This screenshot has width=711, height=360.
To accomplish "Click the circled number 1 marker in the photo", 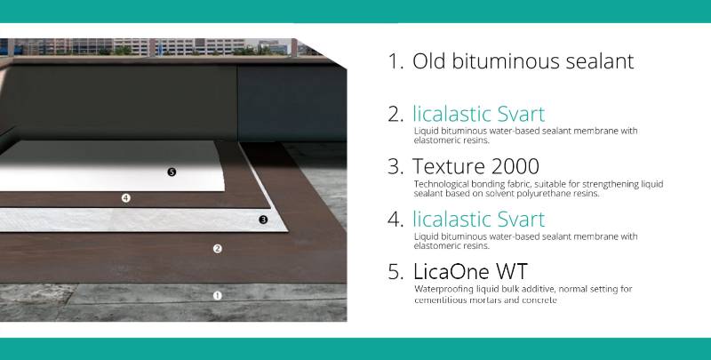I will click(217, 295).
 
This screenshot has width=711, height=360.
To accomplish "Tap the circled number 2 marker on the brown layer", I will click(217, 249).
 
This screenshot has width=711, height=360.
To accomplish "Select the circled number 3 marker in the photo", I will click(263, 219).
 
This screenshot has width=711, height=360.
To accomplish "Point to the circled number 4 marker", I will click(126, 198).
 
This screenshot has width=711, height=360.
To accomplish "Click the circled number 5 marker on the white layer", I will click(172, 172).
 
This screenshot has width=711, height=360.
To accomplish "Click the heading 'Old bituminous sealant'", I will click(510, 62).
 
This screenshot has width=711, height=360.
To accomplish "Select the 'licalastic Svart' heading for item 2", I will click(478, 114).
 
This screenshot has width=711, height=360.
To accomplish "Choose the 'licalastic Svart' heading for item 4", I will click(478, 219).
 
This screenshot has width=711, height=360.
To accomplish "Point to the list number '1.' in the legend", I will click(395, 62).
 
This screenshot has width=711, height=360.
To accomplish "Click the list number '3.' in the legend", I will click(395, 166).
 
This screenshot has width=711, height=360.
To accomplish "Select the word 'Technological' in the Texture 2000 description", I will click(443, 184).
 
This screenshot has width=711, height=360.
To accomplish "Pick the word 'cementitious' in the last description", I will click(440, 300).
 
